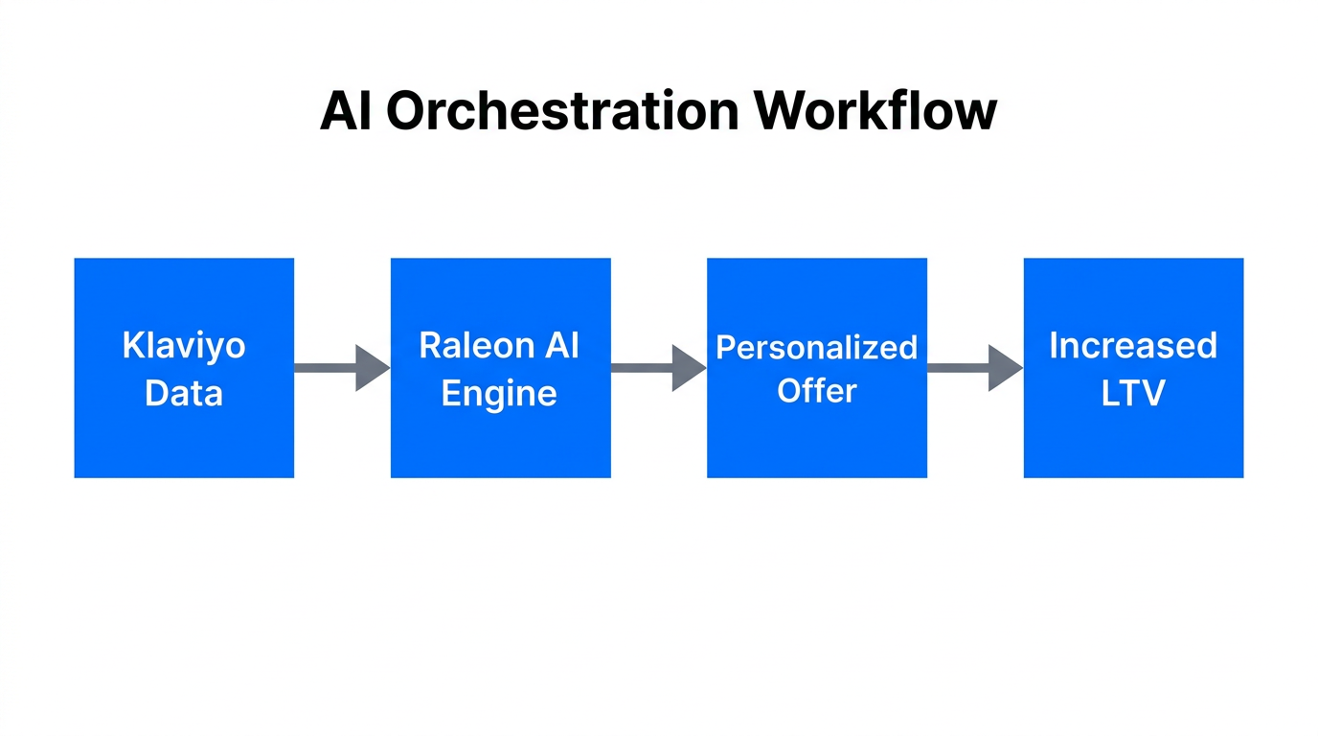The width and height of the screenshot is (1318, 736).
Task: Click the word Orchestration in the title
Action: (562, 111)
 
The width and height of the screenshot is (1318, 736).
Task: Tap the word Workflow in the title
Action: (875, 111)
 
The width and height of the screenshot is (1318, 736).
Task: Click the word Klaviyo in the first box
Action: (184, 345)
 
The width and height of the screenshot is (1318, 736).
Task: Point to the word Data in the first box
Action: (184, 393)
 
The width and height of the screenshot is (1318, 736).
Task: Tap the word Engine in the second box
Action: (499, 393)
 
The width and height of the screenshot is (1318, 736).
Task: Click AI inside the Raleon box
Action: (562, 345)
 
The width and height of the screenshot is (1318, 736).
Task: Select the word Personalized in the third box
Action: (817, 347)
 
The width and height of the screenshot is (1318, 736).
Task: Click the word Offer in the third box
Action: (817, 391)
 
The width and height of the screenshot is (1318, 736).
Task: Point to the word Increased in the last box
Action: (1133, 345)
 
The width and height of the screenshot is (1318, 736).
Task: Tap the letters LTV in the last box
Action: (1133, 393)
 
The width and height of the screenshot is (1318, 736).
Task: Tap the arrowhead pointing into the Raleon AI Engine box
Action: (371, 368)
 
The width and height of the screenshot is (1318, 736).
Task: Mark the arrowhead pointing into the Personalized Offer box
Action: (687, 368)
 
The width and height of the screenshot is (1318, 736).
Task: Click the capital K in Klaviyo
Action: (132, 345)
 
